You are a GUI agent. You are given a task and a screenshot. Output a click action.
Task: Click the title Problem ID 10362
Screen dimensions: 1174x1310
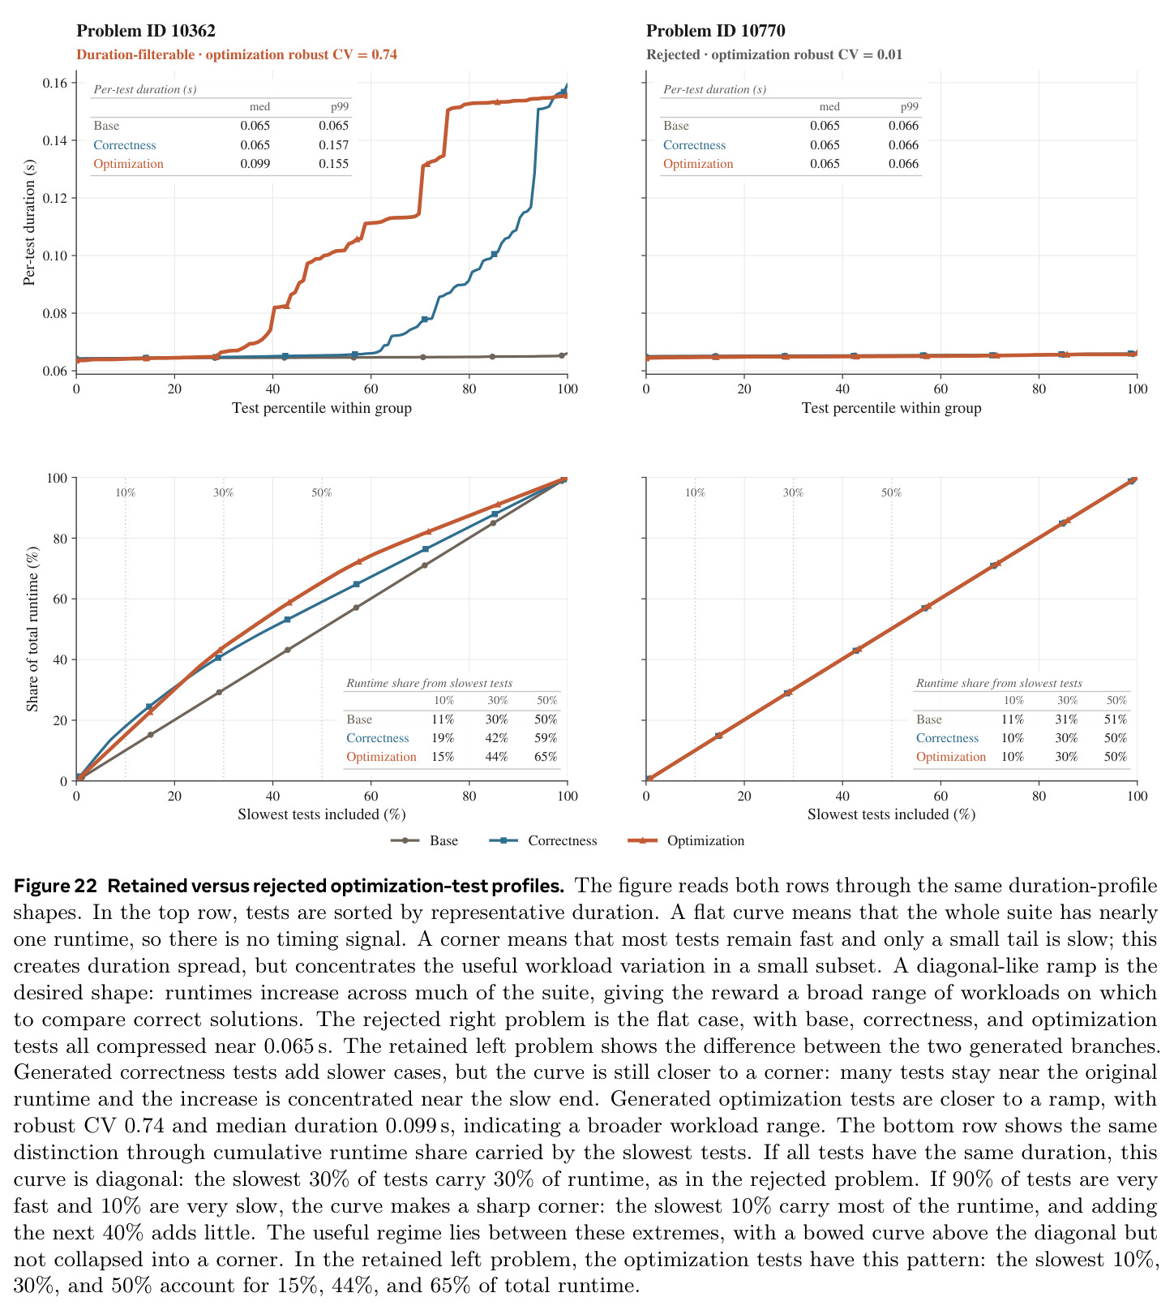point(146,32)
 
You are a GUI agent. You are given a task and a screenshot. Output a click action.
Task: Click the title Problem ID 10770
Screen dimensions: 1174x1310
point(716,32)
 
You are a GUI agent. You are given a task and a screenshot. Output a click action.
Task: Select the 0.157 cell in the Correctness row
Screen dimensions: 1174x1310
point(334,145)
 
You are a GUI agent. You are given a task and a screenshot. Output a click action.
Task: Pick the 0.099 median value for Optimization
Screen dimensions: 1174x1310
point(255,164)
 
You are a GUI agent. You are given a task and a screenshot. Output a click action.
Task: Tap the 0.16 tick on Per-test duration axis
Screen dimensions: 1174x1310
point(54,84)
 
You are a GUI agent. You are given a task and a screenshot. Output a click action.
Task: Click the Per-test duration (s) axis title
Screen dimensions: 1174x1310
point(30,222)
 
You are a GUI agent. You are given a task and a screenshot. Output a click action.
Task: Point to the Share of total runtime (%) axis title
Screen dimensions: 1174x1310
point(32,629)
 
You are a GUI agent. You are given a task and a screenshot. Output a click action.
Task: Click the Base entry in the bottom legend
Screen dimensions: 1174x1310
point(443,840)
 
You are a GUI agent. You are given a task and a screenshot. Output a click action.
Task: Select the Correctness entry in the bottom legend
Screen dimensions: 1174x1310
point(562,840)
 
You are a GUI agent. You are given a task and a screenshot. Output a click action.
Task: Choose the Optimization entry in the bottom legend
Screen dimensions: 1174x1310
point(705,840)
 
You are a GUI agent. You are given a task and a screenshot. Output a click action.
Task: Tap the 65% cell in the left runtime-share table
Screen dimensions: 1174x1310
point(546,757)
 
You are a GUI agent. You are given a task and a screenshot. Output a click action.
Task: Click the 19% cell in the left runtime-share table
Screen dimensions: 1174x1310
point(443,738)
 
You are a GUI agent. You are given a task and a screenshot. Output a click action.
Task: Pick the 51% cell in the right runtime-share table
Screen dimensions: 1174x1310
point(1116,719)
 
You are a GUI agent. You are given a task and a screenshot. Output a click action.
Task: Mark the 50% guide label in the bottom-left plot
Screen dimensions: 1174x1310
point(322,492)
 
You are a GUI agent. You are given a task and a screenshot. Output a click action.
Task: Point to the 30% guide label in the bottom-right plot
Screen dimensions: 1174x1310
point(793,492)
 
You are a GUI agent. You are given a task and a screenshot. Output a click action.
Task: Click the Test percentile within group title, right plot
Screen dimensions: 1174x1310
point(892,408)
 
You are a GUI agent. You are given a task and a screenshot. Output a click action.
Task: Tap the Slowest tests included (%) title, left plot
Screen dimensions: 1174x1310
point(322,814)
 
